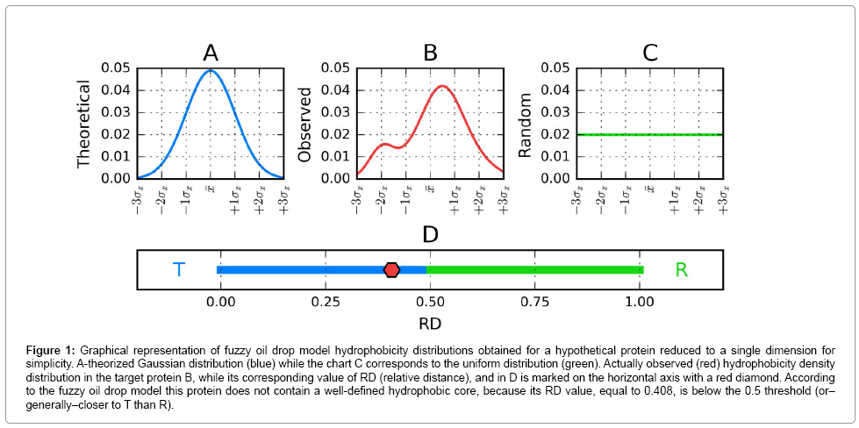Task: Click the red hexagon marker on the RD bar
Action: coord(391,269)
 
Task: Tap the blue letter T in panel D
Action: coord(179,269)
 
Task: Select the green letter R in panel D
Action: coord(681,269)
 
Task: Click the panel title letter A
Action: coord(210,53)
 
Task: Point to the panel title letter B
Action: coord(430,53)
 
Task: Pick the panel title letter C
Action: coord(649,53)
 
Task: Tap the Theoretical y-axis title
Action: coord(84,124)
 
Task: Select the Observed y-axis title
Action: coord(305,124)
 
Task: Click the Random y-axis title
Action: coord(526,124)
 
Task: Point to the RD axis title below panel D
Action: coord(430,323)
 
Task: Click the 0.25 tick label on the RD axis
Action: coord(326,302)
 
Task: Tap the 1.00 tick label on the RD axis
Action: coord(641,302)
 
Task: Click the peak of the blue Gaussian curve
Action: coord(211,71)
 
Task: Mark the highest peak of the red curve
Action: coord(442,86)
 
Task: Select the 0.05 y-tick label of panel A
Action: coord(117,68)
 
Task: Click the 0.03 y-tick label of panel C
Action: coord(557,112)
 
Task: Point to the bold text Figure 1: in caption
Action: coord(54,349)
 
